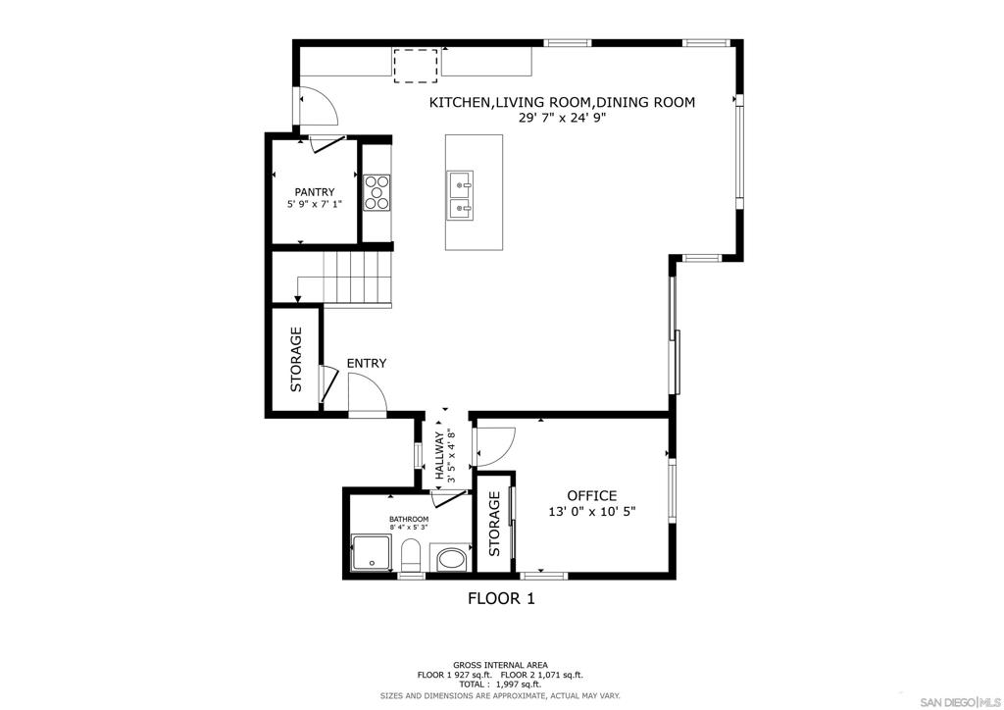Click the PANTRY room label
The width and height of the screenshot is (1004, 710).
pyautogui.click(x=315, y=192)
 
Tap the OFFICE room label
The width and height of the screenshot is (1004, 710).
pyautogui.click(x=592, y=495)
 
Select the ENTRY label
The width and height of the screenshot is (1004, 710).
pyautogui.click(x=367, y=363)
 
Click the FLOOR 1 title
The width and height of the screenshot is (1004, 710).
pyautogui.click(x=501, y=598)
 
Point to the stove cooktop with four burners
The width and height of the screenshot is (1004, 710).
pyautogui.click(x=376, y=192)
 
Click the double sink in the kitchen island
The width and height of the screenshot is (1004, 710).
pyautogui.click(x=461, y=194)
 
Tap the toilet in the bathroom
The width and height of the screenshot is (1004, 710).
pyautogui.click(x=410, y=555)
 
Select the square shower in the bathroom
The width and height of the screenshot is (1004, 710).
pyautogui.click(x=371, y=552)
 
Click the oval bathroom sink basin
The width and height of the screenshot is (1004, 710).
pyautogui.click(x=452, y=560)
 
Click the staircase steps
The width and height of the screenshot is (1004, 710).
pyautogui.click(x=357, y=279)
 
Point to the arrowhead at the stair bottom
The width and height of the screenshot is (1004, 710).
pyautogui.click(x=297, y=298)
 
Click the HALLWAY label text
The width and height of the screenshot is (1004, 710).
pyautogui.click(x=440, y=456)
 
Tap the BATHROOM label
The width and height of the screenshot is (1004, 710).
pyautogui.click(x=409, y=519)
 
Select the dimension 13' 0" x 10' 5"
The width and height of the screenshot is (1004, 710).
pyautogui.click(x=592, y=512)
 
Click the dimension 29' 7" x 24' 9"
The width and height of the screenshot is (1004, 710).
pyautogui.click(x=562, y=118)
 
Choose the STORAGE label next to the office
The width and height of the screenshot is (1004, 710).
pyautogui.click(x=494, y=524)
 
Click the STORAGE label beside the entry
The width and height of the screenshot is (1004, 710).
pyautogui.click(x=296, y=359)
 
